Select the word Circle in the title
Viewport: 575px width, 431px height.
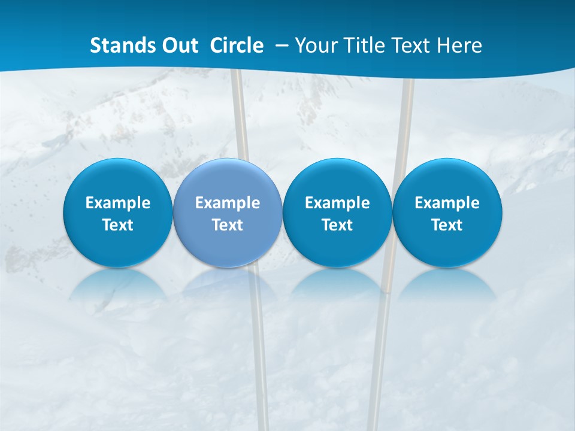click(x=237, y=45)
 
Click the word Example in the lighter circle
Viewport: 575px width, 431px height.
click(x=228, y=203)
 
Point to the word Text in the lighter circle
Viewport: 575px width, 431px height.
click(x=228, y=225)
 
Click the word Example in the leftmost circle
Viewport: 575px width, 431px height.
click(x=117, y=203)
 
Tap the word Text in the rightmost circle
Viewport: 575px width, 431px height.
click(x=447, y=225)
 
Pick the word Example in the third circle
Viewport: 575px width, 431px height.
click(x=337, y=203)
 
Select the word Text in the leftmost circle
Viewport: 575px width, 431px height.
click(x=117, y=225)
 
